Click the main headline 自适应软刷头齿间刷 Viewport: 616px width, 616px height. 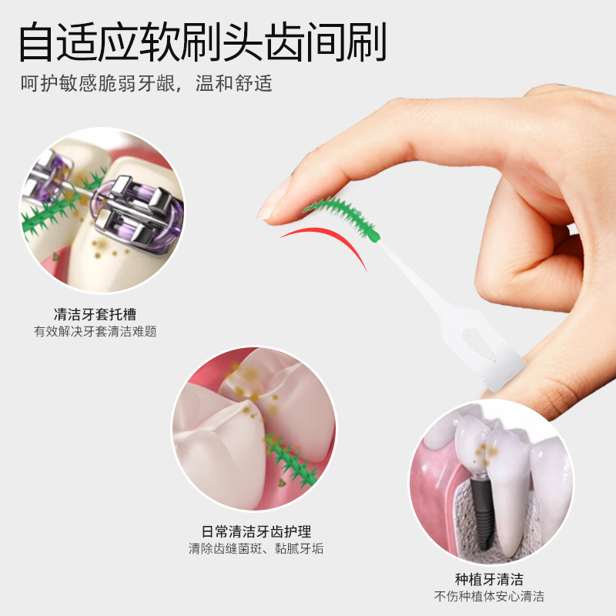203,42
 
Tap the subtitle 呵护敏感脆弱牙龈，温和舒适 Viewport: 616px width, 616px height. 146,83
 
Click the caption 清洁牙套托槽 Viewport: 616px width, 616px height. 95,314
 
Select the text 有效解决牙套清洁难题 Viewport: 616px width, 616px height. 95,332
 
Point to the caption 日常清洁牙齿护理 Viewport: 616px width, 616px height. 256,531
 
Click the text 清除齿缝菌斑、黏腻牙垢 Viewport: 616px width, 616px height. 256,548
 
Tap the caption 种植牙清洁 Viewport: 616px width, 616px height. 489,580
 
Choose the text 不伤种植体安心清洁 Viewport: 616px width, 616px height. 489,596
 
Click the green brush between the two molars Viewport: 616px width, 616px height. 292,460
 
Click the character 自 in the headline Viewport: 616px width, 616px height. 36,42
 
